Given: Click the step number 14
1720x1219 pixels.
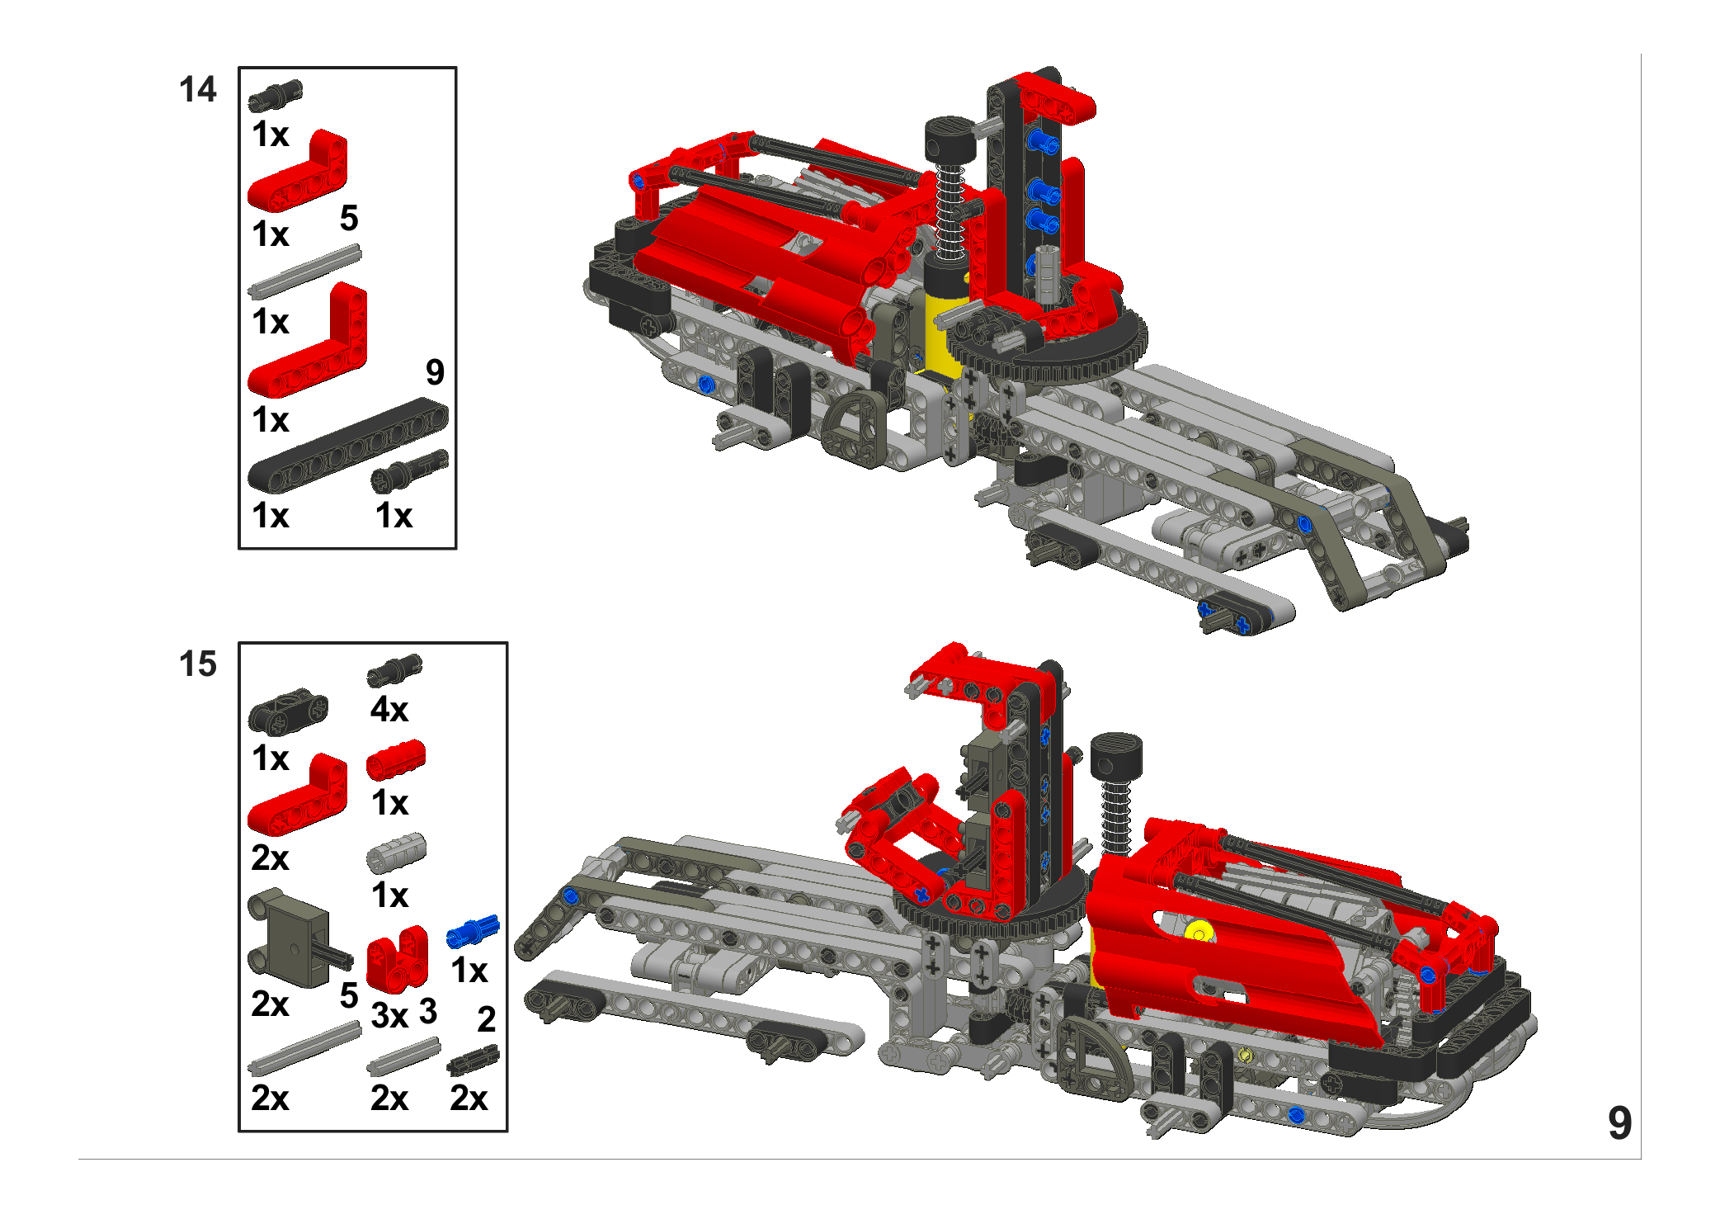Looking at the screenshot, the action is point(198,89).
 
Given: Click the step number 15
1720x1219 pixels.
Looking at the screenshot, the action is point(198,664).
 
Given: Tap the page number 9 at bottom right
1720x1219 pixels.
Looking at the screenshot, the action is point(1619,1123).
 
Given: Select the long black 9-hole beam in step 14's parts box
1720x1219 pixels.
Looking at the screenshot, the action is point(348,445).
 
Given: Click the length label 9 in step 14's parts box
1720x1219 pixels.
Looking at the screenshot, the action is point(435,372).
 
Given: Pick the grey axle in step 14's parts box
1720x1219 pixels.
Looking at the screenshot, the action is point(304,271).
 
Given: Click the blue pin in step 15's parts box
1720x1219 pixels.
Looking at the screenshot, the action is point(473,931).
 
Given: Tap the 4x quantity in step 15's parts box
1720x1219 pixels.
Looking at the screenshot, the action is point(389,710).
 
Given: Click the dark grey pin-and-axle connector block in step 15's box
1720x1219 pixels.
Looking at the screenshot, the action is point(297,938).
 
